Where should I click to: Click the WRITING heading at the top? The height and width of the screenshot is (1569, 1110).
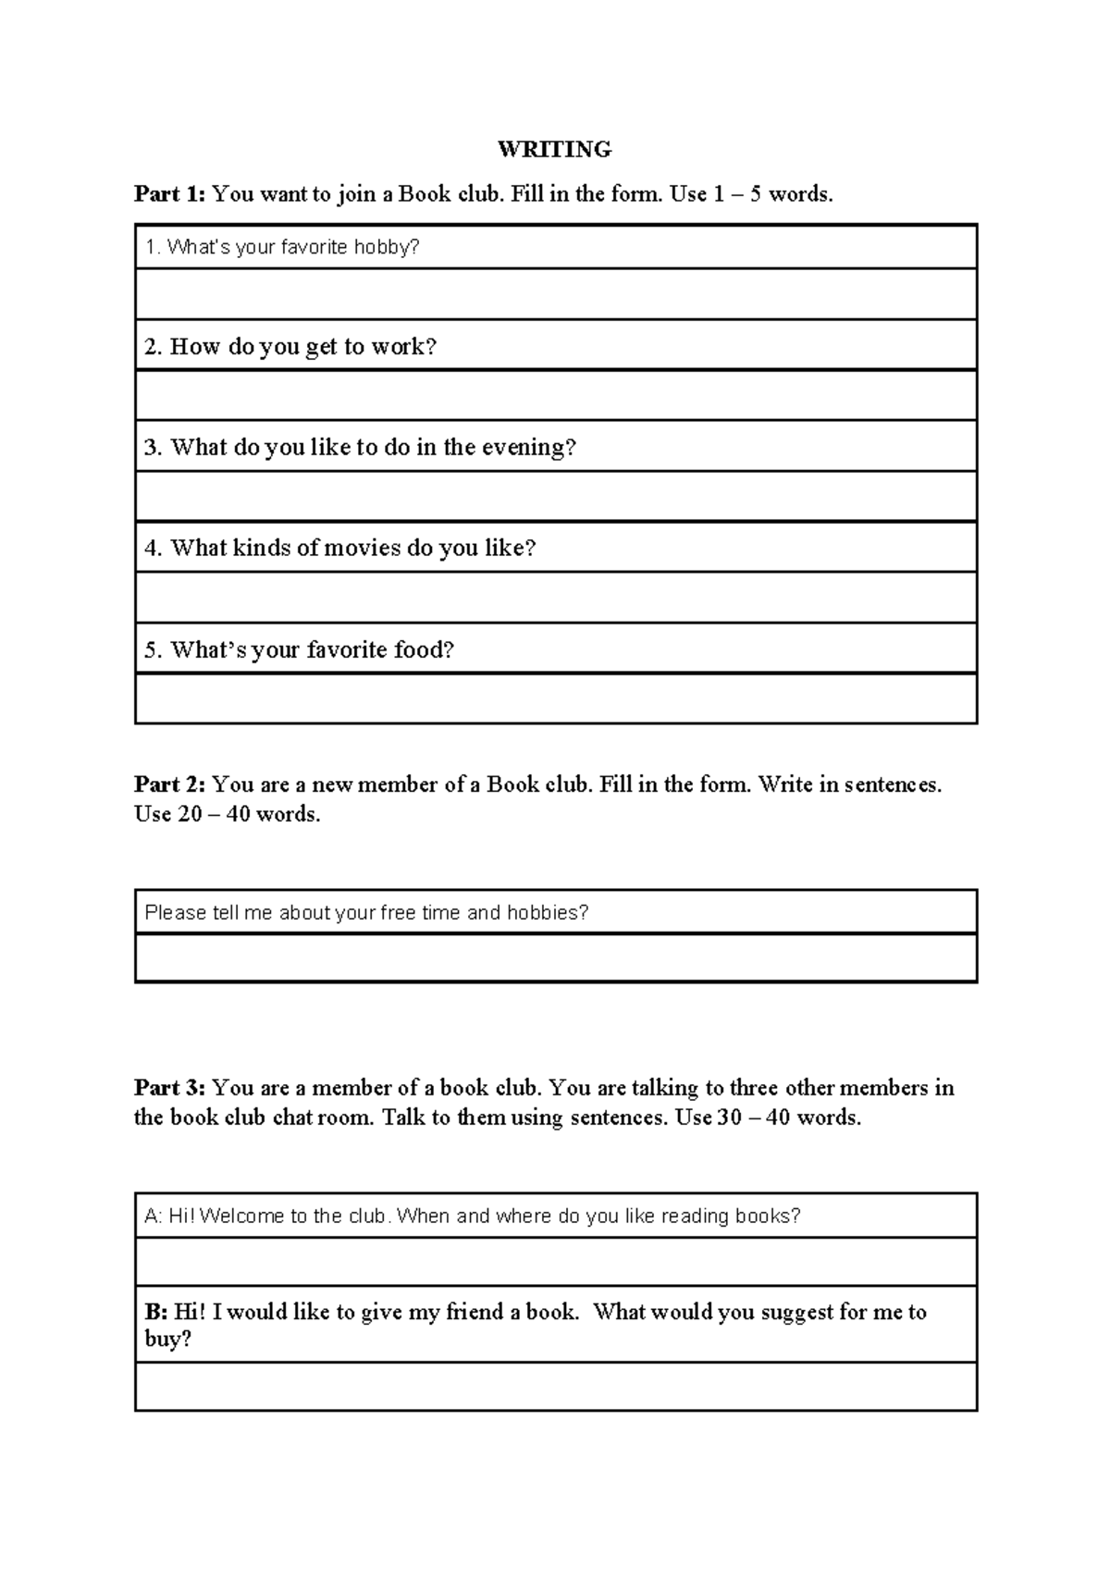tap(554, 149)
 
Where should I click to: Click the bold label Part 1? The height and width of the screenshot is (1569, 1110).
tap(169, 194)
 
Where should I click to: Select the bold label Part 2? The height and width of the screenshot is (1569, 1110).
tap(169, 784)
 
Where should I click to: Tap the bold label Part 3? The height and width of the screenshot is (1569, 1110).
tap(169, 1087)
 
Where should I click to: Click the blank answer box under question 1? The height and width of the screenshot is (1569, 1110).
tap(555, 294)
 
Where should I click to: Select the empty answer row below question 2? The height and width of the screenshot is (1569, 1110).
tap(555, 395)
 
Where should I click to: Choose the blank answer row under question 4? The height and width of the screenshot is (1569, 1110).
tap(555, 597)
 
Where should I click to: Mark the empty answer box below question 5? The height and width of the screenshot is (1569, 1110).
tap(555, 698)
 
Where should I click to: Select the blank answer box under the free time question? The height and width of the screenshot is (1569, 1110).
tap(555, 957)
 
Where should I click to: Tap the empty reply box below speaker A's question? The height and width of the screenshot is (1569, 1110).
tap(555, 1261)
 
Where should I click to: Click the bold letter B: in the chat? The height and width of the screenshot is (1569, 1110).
tap(155, 1312)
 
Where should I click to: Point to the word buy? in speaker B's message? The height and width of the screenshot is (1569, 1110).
tap(167, 1339)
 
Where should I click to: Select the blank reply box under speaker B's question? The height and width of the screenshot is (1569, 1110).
tap(555, 1386)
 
